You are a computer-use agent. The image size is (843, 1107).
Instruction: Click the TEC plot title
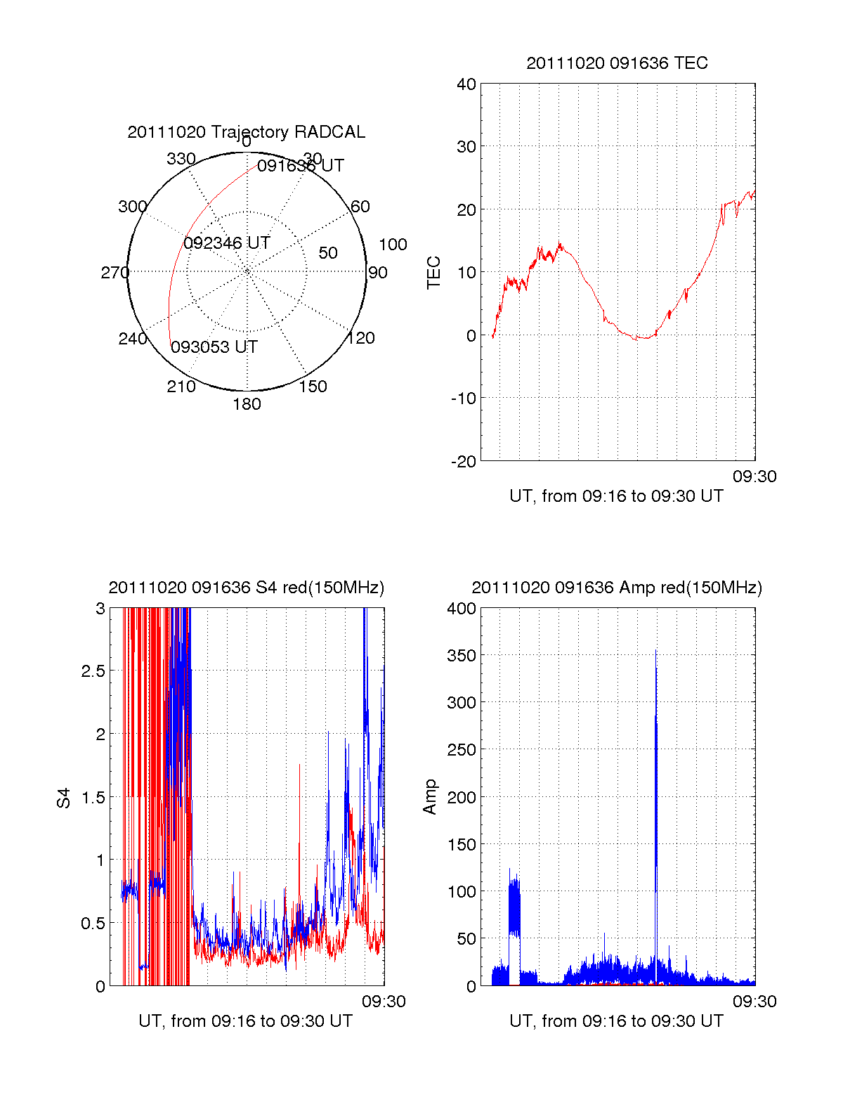tap(617, 63)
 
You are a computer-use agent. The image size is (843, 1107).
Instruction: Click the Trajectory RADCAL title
tap(246, 132)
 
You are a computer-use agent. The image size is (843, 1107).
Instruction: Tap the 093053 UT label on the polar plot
tap(214, 347)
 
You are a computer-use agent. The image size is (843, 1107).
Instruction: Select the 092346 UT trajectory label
tap(227, 243)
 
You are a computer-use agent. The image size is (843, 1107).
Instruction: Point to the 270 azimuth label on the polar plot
tap(115, 273)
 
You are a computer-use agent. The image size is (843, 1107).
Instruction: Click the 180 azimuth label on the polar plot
tap(247, 404)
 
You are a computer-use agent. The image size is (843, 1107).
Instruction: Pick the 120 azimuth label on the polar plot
tap(361, 338)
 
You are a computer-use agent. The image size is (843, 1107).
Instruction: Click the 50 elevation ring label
tap(328, 253)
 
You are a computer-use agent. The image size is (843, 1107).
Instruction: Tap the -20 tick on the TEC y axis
tap(464, 461)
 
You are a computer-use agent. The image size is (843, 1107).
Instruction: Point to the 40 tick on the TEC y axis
tap(466, 84)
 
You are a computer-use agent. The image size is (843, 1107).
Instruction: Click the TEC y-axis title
tap(434, 273)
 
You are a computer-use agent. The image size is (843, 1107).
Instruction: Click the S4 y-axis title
tap(64, 798)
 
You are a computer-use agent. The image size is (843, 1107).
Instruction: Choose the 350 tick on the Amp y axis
tap(461, 656)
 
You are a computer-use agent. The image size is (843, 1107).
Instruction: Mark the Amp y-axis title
tap(430, 797)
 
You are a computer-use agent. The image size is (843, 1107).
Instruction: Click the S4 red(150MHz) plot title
tap(246, 588)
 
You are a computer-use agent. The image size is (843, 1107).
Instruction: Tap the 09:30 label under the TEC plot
tap(754, 477)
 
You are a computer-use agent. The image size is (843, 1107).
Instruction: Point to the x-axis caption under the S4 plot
tap(245, 1021)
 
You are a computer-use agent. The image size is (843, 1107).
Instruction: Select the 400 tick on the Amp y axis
tap(461, 609)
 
